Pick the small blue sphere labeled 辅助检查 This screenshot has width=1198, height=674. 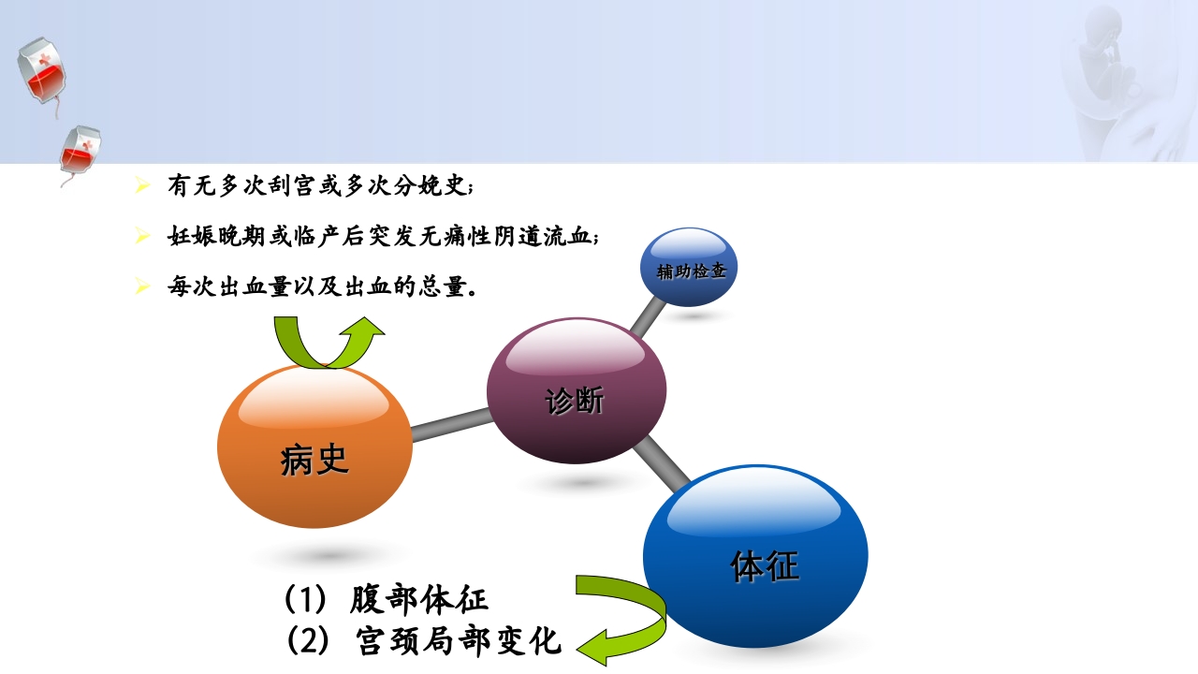[x=689, y=268]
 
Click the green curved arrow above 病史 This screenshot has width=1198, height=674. [x=329, y=342]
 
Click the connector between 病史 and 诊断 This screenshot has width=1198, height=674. [x=450, y=425]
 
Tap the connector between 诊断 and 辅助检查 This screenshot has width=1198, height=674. [x=647, y=318]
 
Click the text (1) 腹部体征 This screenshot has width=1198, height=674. [x=387, y=598]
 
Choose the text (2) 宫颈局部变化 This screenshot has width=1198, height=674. [x=424, y=641]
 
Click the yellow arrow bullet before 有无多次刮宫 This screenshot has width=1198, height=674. [x=142, y=186]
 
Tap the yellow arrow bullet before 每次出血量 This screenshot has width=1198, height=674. [x=142, y=286]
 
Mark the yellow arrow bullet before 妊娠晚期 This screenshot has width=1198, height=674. [x=142, y=236]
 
